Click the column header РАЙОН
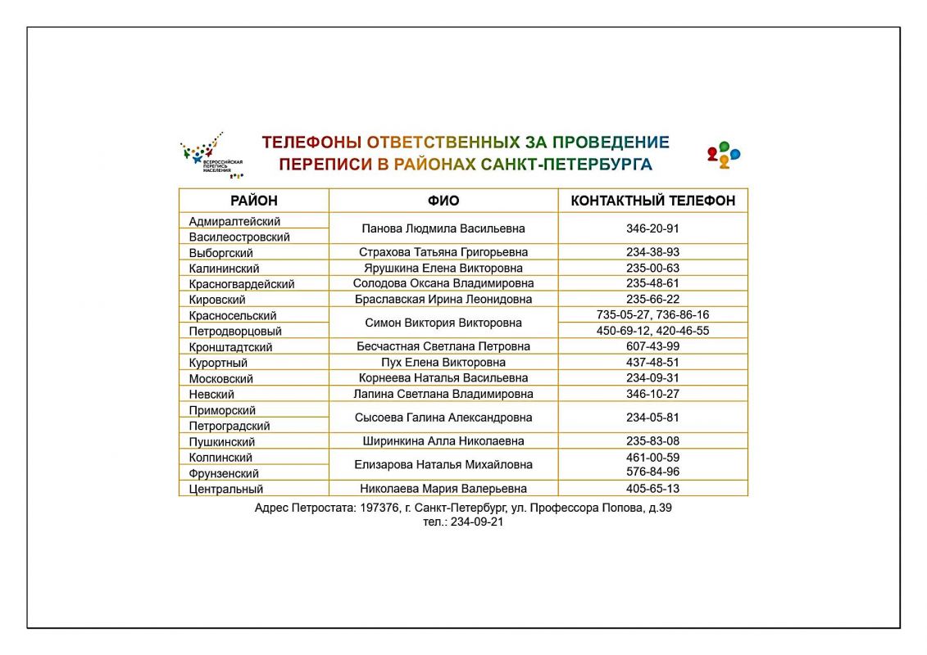point(253,201)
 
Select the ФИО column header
point(443,201)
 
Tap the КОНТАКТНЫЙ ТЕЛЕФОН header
point(652,201)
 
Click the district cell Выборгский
point(220,253)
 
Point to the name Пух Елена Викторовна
point(443,362)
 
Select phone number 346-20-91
point(652,228)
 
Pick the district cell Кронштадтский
point(230,347)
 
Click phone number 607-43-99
point(652,346)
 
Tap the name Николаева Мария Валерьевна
point(443,489)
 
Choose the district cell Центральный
point(226,490)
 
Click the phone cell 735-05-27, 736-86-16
point(652,314)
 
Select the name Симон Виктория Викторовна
point(443,323)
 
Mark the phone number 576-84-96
point(652,472)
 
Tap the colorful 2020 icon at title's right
point(723,154)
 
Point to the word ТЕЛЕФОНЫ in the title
point(311,142)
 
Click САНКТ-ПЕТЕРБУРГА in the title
point(566,165)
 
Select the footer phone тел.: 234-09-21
point(463,522)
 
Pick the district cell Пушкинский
point(221,442)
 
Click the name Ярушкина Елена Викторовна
point(443,268)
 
